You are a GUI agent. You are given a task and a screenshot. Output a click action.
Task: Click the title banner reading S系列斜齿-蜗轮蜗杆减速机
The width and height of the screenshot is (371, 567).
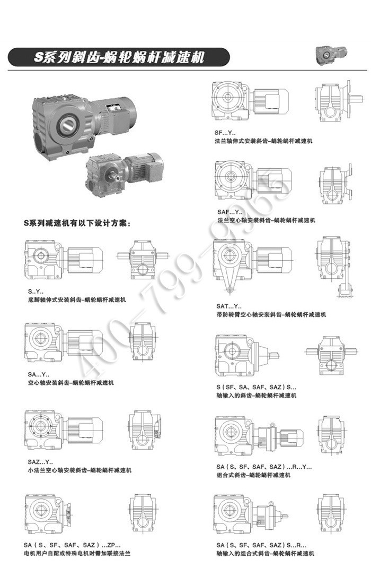pyautogui.click(x=119, y=57)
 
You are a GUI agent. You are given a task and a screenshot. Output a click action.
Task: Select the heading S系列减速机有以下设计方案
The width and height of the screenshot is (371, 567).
pyautogui.click(x=77, y=224)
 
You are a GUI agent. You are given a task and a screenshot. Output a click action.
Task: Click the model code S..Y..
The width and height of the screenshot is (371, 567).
pyautogui.click(x=36, y=291)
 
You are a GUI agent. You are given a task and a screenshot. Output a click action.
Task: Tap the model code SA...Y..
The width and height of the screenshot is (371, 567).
pyautogui.click(x=39, y=375)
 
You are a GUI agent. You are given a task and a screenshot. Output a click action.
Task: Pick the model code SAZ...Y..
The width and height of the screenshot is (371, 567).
pyautogui.click(x=40, y=462)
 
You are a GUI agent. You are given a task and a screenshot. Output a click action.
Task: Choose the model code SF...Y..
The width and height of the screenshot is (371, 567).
pyautogui.click(x=225, y=133)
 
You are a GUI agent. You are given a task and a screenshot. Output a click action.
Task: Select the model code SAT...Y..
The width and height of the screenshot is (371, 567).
pyautogui.click(x=229, y=306)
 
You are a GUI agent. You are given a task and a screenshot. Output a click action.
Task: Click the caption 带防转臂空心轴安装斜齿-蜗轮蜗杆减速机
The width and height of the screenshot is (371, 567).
pyautogui.click(x=271, y=315)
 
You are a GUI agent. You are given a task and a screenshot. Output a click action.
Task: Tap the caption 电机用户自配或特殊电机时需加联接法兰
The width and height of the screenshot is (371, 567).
pyautogui.click(x=77, y=553)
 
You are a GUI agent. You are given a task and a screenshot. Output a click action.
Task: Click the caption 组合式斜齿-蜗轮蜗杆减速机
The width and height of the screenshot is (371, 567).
pyautogui.click(x=253, y=475)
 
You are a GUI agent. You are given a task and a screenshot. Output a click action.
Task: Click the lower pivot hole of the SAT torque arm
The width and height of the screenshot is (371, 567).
pyautogui.click(x=228, y=289)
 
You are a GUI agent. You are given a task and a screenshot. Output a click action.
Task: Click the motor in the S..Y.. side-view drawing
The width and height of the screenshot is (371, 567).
pyautogui.click(x=85, y=259)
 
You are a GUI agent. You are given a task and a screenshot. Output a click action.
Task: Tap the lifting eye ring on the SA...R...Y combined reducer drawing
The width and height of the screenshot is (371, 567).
pyautogui.click(x=273, y=425)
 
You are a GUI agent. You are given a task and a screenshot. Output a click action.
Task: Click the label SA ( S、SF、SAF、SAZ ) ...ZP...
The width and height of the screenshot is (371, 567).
pyautogui.click(x=72, y=545)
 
